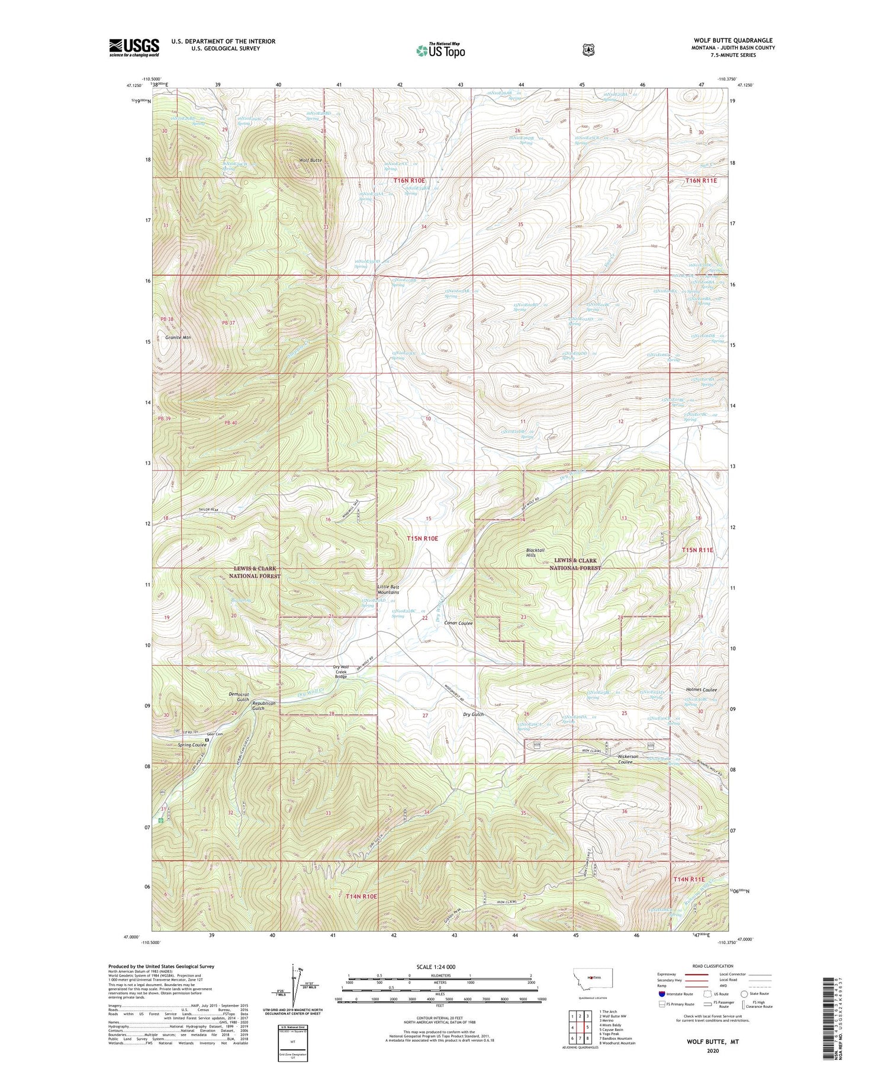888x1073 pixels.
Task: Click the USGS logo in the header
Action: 134,47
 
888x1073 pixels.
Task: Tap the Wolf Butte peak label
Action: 310,160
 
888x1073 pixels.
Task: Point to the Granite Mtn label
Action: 178,337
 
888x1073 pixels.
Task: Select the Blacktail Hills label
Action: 539,552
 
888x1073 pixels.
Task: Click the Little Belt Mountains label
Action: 388,589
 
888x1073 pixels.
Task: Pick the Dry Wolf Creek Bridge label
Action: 341,672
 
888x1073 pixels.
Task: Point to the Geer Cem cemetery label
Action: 215,734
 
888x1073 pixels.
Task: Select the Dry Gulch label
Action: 473,714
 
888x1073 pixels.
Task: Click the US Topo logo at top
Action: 440,50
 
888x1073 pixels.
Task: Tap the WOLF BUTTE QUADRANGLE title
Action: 733,40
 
